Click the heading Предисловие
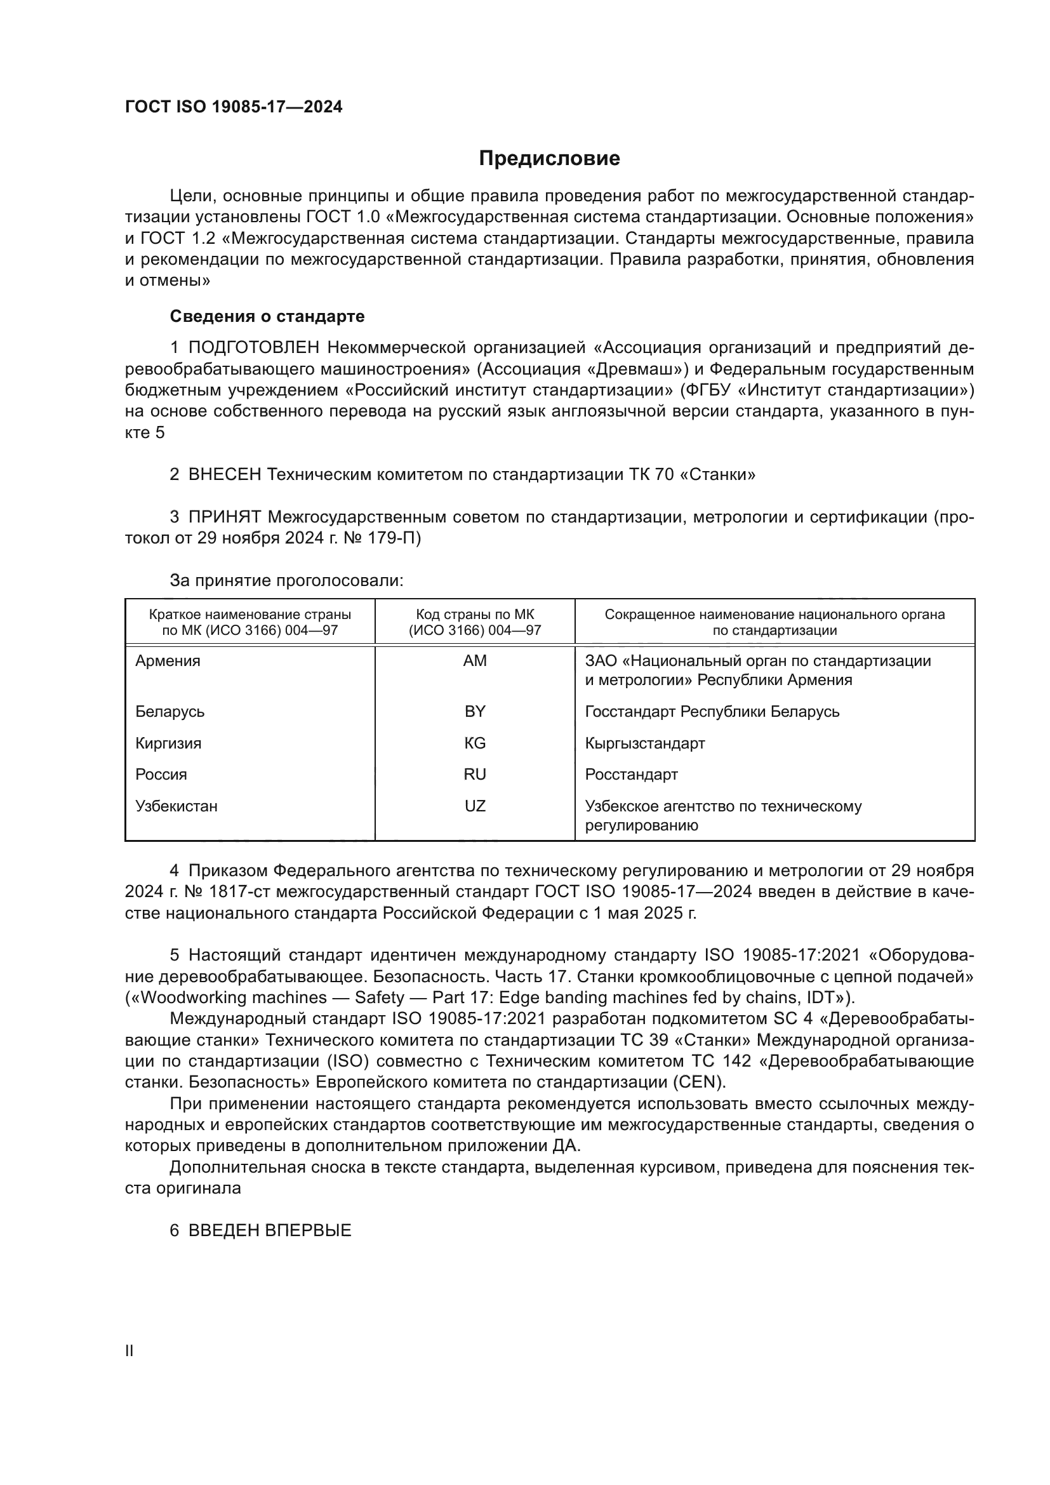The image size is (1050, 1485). pyautogui.click(x=549, y=159)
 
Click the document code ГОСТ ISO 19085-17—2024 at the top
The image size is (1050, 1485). pyautogui.click(x=234, y=107)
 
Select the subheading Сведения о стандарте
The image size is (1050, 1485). pyautogui.click(x=267, y=316)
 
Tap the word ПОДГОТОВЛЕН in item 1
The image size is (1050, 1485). pyautogui.click(x=254, y=348)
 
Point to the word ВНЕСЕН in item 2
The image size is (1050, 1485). pyautogui.click(x=225, y=475)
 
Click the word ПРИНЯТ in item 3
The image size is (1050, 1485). pyautogui.click(x=225, y=517)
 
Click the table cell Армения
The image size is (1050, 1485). pyautogui.click(x=168, y=661)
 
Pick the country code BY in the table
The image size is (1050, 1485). pyautogui.click(x=475, y=712)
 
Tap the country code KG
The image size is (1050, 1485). pyautogui.click(x=475, y=743)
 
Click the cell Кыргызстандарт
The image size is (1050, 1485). pyautogui.click(x=644, y=743)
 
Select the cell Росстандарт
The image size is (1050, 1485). pyautogui.click(x=631, y=774)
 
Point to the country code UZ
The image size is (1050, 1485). pyautogui.click(x=475, y=806)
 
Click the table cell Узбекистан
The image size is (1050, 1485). pyautogui.click(x=176, y=806)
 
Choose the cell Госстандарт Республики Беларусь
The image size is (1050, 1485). pyautogui.click(x=712, y=712)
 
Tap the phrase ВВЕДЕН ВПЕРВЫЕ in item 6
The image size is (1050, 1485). pyautogui.click(x=270, y=1231)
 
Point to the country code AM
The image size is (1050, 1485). pyautogui.click(x=475, y=661)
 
